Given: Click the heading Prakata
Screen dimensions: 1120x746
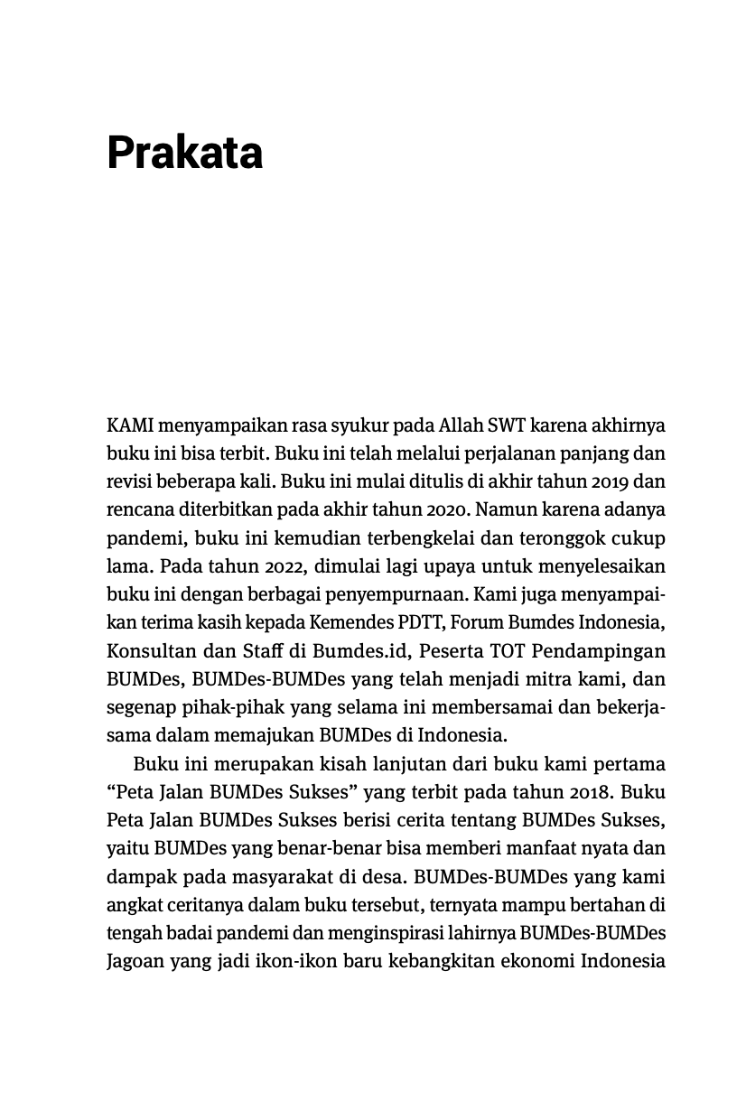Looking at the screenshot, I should (185, 152).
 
